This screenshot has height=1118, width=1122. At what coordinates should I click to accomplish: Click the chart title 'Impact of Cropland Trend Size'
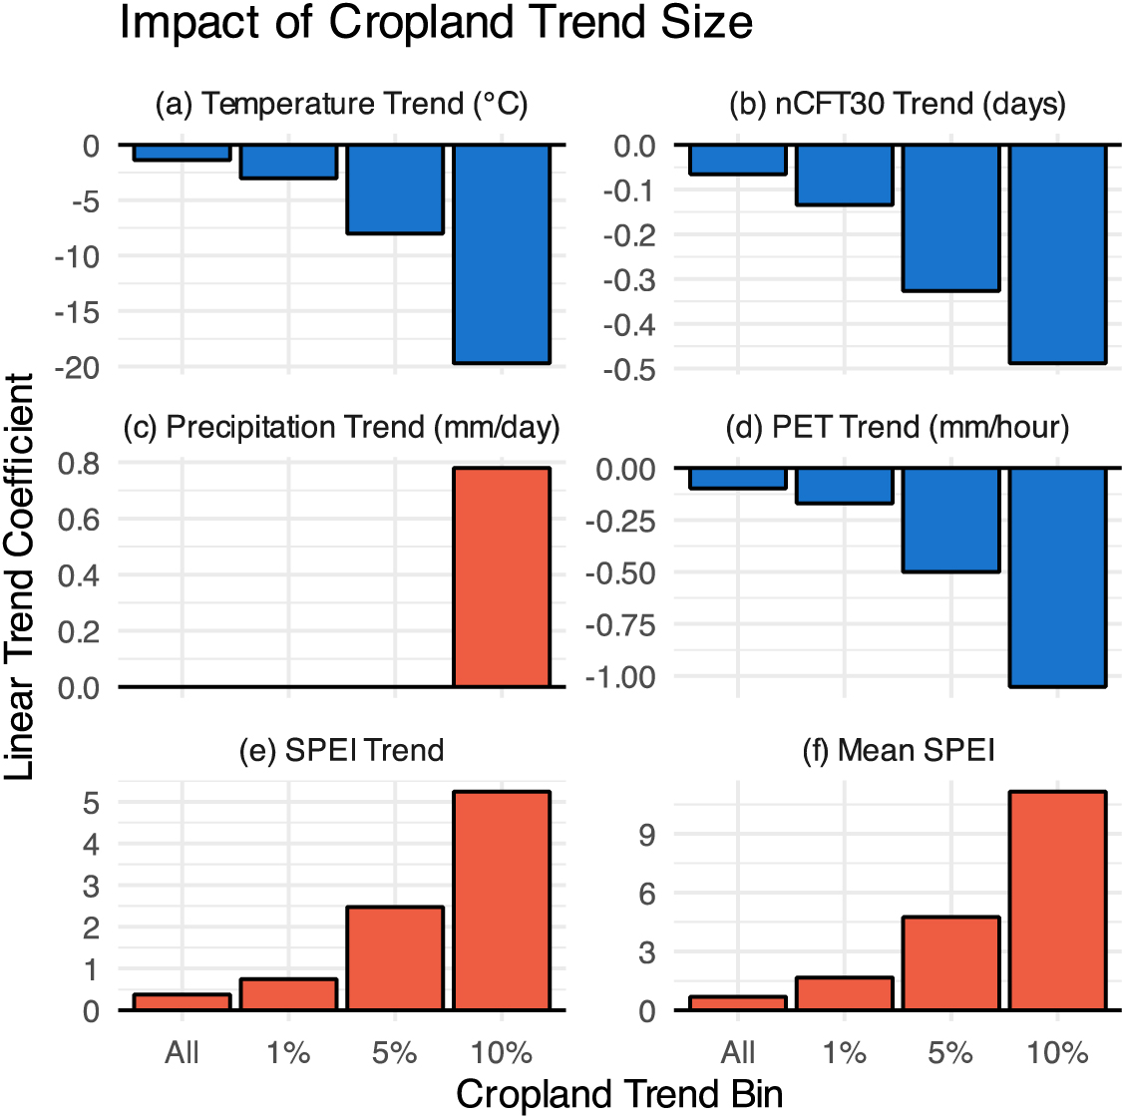coord(436,24)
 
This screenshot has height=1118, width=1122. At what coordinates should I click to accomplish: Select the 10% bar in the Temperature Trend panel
coord(502,253)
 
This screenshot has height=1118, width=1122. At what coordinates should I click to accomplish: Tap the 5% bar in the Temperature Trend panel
coord(395,189)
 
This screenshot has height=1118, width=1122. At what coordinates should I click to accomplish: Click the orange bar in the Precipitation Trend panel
coord(502,577)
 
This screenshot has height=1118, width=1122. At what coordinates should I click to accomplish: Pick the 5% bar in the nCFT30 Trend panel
coord(950,218)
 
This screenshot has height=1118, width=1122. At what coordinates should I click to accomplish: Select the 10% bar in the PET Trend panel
coord(1057,577)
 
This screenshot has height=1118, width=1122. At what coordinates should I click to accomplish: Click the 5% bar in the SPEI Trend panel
coord(395,958)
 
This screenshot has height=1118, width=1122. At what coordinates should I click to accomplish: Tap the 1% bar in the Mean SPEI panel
coord(845,993)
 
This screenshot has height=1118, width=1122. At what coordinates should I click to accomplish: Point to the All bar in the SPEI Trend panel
coord(183,1002)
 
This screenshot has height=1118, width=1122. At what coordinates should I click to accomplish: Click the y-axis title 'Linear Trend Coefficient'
coord(20,576)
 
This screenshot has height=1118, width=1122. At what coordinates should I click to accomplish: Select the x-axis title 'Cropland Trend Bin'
coord(619,1094)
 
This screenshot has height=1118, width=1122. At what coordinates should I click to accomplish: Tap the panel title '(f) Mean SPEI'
coord(899,750)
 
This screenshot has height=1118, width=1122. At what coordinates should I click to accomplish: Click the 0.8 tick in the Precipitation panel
coord(79,464)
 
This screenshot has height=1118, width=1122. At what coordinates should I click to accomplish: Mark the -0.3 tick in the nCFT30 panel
coord(634,280)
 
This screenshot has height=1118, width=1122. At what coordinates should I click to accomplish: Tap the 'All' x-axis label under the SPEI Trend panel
coord(183,1053)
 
